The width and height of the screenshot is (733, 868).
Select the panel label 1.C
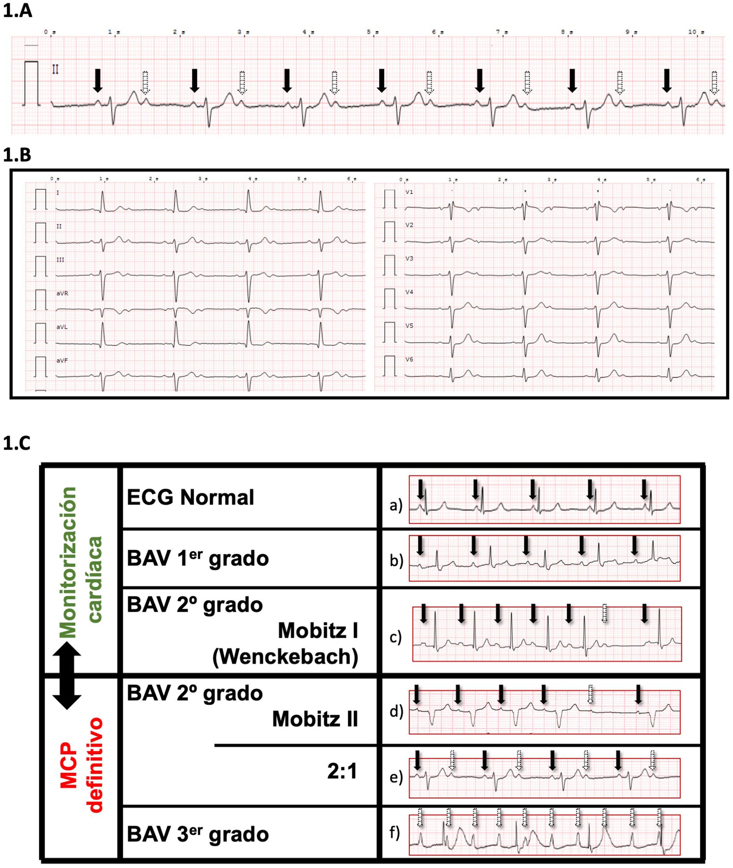(x=18, y=444)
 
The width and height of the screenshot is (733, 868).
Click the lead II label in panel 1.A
(x=55, y=69)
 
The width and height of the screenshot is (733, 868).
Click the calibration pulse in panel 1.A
(x=31, y=83)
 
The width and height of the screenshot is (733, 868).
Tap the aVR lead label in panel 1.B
(x=62, y=293)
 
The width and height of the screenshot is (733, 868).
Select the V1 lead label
(x=409, y=192)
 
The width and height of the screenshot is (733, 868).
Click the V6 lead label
(x=409, y=359)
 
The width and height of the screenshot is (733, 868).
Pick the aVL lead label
(x=62, y=327)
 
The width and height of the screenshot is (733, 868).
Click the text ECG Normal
(x=190, y=497)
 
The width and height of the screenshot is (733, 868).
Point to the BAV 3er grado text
(x=198, y=834)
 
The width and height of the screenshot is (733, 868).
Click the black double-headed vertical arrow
(x=67, y=676)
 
